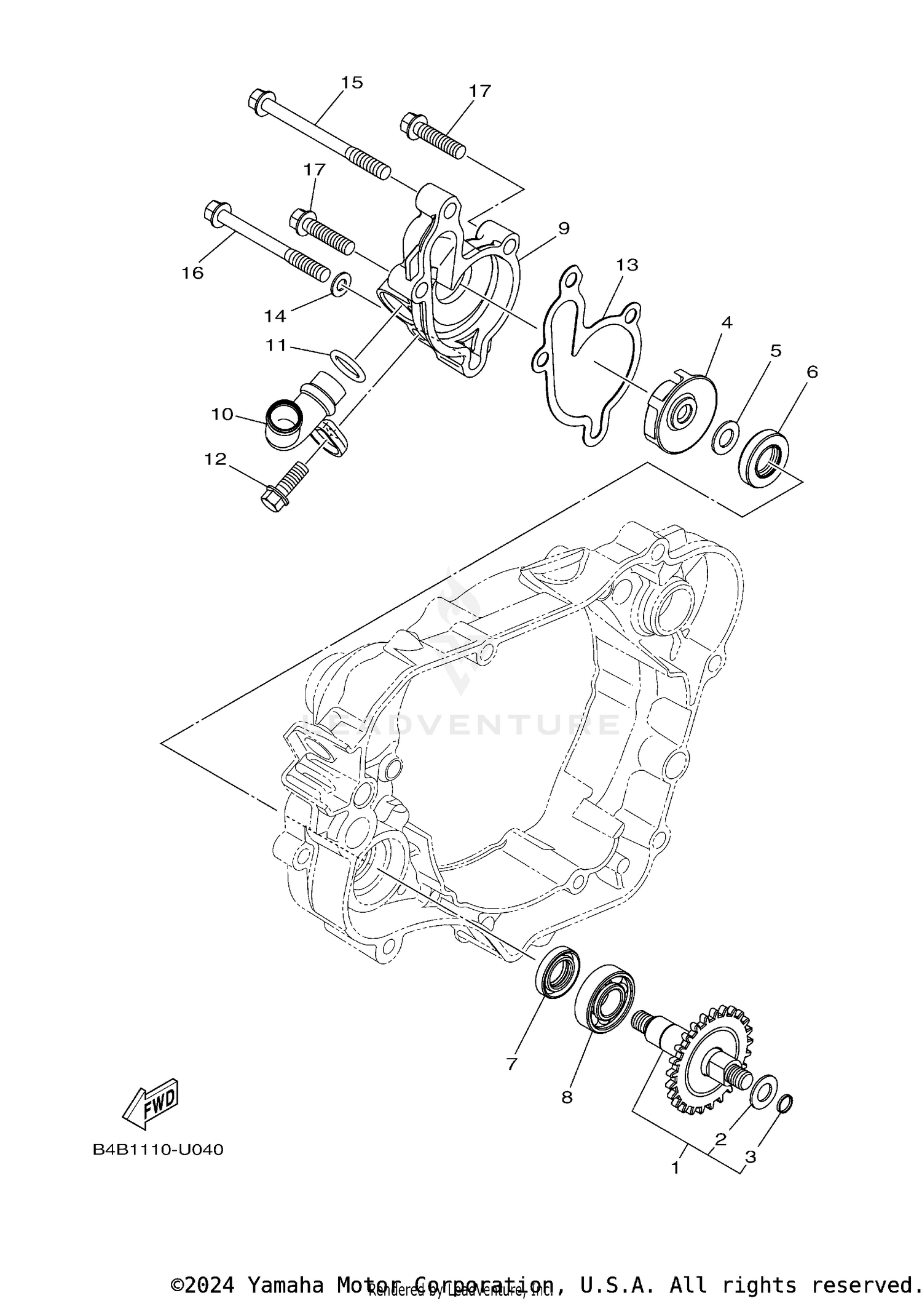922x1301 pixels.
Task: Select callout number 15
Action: (x=352, y=82)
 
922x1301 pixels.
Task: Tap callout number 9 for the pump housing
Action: (x=563, y=228)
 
